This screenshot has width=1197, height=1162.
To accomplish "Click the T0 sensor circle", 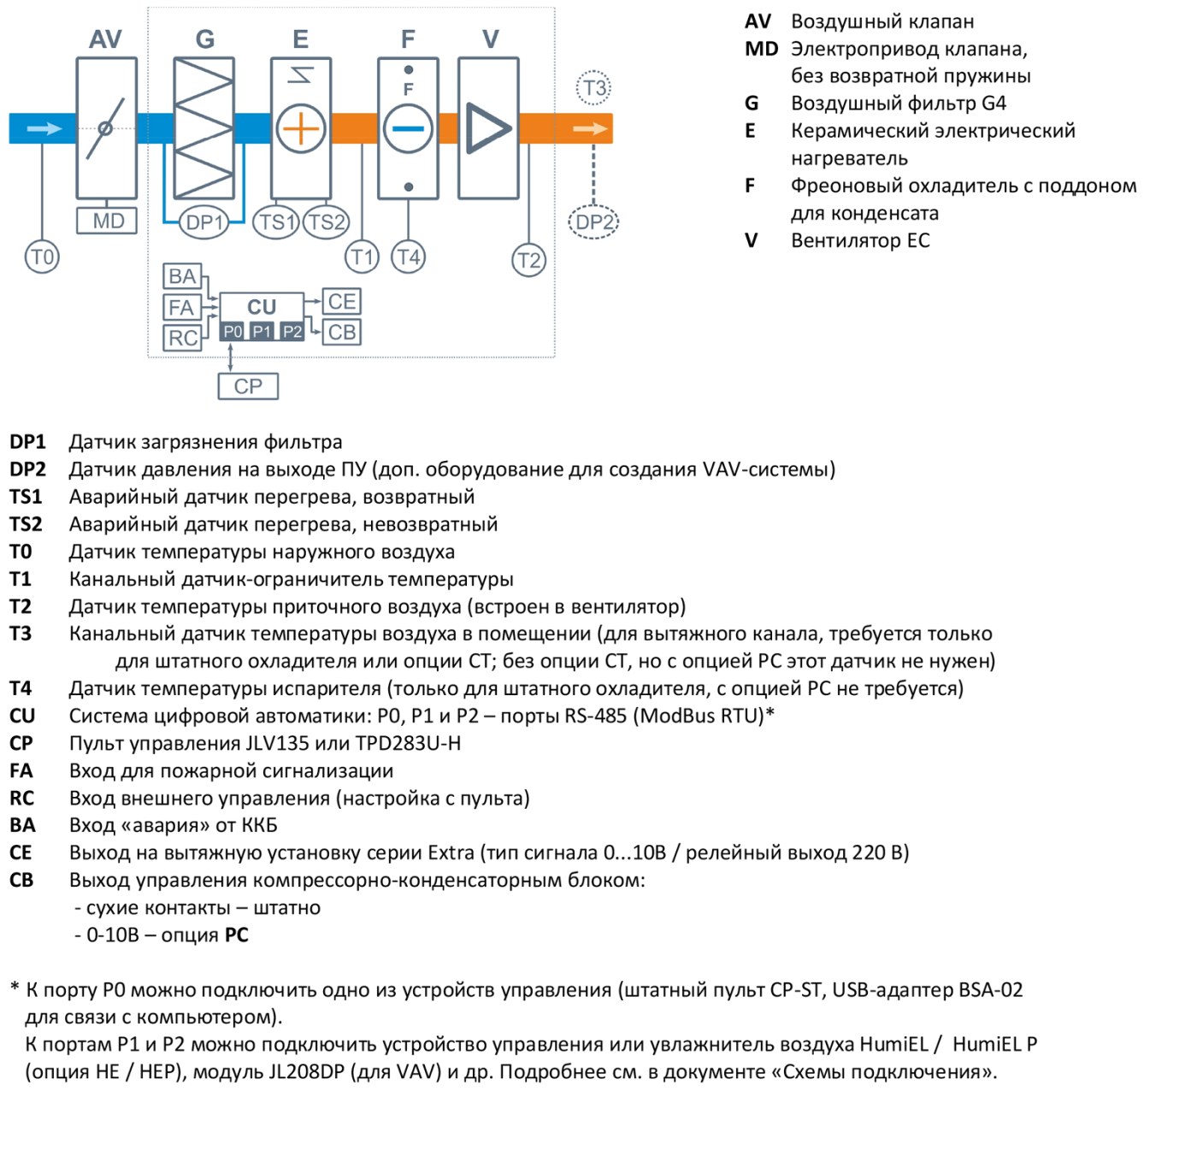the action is tap(42, 257).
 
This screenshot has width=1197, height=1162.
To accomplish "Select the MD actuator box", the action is tap(106, 221).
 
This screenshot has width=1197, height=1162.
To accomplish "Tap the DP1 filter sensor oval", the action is tap(203, 221).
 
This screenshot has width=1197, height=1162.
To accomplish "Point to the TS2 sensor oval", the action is tap(326, 221).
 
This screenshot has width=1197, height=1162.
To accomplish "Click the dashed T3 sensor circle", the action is tap(593, 88).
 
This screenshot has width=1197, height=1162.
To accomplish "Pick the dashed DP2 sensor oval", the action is tap(593, 221).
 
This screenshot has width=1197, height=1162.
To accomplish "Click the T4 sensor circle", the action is tap(408, 257).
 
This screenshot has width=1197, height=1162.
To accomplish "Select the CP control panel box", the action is tap(248, 386).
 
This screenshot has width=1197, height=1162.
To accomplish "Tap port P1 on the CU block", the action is tap(262, 332).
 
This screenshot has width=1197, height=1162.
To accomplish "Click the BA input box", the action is tap(182, 276).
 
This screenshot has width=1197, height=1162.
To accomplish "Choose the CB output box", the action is tap(341, 332).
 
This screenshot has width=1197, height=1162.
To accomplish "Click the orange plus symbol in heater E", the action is tap(300, 129).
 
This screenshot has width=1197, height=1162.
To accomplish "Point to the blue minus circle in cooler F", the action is tap(408, 128).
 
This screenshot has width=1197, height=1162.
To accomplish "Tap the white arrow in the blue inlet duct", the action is tap(44, 128).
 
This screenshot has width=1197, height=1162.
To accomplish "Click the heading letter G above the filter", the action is tap(205, 39).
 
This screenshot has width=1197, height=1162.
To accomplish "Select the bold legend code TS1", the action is tap(25, 497).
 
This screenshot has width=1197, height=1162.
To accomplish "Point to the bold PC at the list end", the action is tap(236, 935).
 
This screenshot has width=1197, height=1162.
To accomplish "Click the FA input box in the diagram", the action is tap(182, 307).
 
